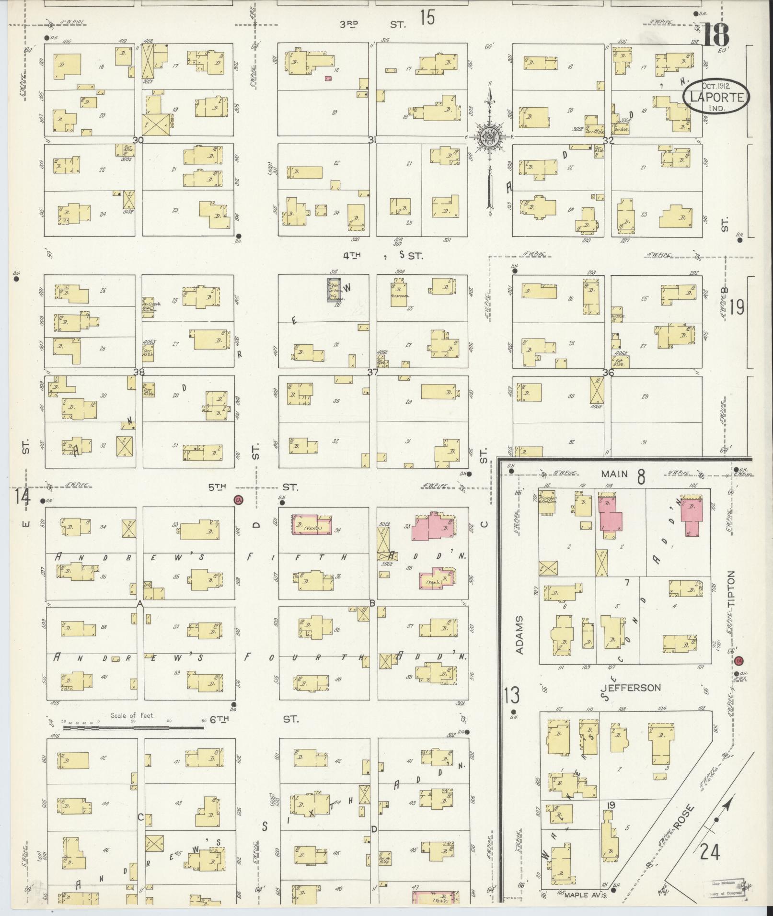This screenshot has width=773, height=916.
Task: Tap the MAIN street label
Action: coord(615,474)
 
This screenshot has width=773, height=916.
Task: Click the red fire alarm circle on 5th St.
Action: coord(238,500)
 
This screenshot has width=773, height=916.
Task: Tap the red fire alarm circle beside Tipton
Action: coord(738,661)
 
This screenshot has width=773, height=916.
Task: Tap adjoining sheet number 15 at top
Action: coord(427,19)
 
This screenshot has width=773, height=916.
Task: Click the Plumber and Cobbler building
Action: coord(546,498)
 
